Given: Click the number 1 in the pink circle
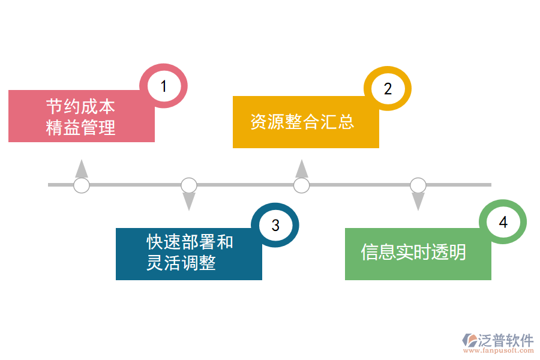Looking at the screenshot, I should pos(163,86).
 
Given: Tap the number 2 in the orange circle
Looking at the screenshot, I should pos(388,89).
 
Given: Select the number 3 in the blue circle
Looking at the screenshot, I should pos(275,225).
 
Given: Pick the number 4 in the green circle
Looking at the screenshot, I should pos(503,223).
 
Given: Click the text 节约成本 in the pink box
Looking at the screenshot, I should pos(80,107).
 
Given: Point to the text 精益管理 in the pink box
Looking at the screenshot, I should pos(80,127).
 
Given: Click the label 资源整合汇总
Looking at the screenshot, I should pos(302,122).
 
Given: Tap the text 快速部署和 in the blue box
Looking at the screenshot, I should pos(190,242).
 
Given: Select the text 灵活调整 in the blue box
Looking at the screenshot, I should pos(181,263).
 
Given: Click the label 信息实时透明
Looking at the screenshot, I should pos(413,252).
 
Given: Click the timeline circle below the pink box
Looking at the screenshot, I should pos(82,185).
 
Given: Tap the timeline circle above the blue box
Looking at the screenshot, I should pos(189,185).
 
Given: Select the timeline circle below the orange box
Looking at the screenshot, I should pos(302,185).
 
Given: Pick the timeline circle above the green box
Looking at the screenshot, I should pos(418,185).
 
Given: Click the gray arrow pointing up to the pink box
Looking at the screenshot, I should pos(82,169).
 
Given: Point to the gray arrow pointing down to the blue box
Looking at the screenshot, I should pos(189,202).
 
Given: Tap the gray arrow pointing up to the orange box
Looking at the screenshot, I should pos(302,169).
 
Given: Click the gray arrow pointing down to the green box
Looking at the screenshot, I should pos(418,202).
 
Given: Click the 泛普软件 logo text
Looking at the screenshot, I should pos(505,341).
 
